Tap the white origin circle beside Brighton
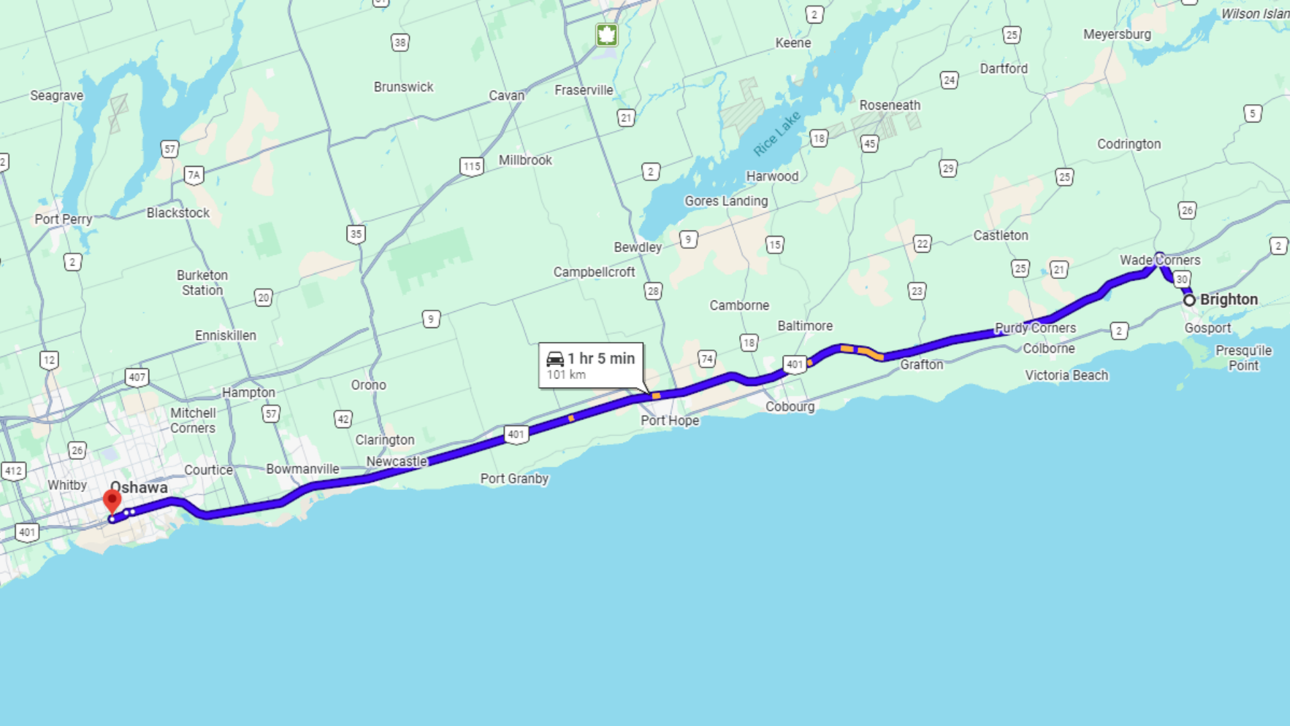1189,300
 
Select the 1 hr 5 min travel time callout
591,365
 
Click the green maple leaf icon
607,35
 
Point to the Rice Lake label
777,133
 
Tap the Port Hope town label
670,421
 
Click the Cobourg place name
790,407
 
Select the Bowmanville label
302,469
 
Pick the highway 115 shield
472,166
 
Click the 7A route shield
194,175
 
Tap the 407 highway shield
137,377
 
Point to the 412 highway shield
13,471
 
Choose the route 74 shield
707,359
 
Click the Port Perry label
63,219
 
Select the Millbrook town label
525,160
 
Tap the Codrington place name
1129,144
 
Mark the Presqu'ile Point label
1244,358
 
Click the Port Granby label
515,479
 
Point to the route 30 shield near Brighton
1182,280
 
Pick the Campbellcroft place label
594,272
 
